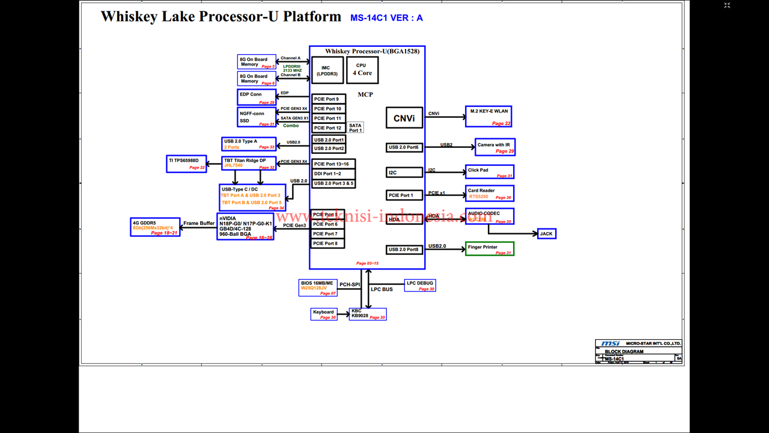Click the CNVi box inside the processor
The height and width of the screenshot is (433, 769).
[x=404, y=118]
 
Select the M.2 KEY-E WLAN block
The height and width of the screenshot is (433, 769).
[x=488, y=116]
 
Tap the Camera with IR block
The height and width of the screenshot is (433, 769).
[x=495, y=147]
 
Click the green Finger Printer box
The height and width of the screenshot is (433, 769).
[x=490, y=248]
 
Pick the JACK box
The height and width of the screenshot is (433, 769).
[x=546, y=233]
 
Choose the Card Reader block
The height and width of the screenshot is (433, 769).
[x=490, y=193]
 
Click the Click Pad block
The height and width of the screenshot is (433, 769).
[x=490, y=172]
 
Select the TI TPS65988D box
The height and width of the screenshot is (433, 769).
[x=186, y=164]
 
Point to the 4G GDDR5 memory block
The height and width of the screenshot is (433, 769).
[x=156, y=227]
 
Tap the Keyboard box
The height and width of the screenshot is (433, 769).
[x=323, y=314]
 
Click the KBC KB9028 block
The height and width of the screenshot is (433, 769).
[x=368, y=314]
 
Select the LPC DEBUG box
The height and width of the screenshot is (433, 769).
[x=419, y=286]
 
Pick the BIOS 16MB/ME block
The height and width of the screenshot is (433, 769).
[x=318, y=287]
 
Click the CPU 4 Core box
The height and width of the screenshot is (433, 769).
[x=362, y=70]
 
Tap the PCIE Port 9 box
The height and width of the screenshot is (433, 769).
[x=329, y=99]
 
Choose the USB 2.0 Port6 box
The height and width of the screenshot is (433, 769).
[x=404, y=147]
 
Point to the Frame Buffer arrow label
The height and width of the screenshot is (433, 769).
[x=199, y=223]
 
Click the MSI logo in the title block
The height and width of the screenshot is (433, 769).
[x=606, y=343]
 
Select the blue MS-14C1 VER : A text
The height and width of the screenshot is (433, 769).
[x=386, y=18]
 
